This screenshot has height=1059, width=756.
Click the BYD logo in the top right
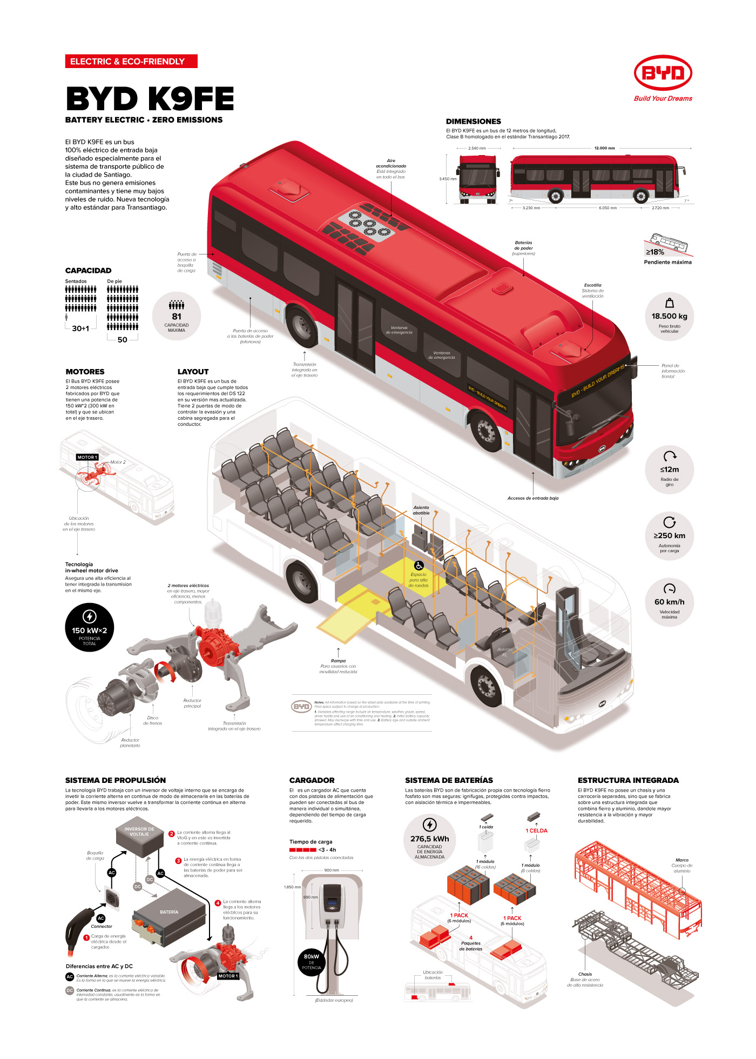coord(663,73)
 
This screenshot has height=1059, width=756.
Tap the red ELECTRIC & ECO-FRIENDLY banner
coord(131,62)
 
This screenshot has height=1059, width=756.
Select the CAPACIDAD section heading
coord(88,271)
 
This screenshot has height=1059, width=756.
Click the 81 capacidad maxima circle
coord(177,317)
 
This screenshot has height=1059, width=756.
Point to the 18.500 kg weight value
coord(669,317)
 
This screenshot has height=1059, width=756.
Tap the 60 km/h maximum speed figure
coord(669,602)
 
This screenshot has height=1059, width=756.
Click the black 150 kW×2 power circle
coord(89,627)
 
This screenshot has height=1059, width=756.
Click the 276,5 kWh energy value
coord(429,839)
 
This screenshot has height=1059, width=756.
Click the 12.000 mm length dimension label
coord(604,148)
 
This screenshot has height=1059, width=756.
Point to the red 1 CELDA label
coord(536,831)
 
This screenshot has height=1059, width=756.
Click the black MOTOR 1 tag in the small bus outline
coord(87,457)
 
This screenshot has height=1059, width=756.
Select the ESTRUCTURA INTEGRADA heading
coord(628,780)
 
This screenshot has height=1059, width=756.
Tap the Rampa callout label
coord(338,661)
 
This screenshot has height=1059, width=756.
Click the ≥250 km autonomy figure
coord(669,535)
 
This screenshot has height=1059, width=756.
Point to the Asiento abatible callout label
coord(421,510)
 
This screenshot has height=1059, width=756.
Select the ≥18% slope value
coord(655,252)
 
